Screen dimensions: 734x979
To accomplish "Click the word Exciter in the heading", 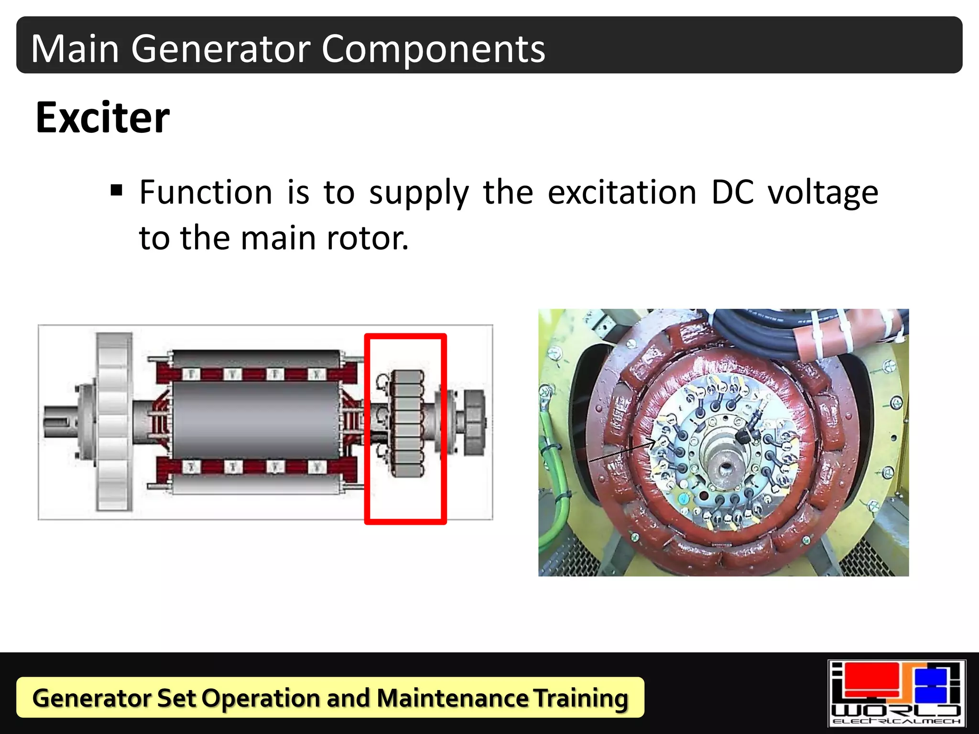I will (102, 118).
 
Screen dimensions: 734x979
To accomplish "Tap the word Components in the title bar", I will (433, 49).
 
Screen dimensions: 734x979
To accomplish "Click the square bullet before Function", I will (116, 191).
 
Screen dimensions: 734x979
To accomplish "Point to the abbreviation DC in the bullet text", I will (732, 192).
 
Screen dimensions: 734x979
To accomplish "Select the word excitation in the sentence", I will (621, 192).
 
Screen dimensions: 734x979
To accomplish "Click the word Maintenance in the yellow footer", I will (452, 698).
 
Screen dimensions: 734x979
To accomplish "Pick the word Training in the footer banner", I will (580, 699).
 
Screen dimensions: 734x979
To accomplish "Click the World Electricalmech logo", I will (897, 693).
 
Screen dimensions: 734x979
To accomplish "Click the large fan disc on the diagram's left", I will (114, 421).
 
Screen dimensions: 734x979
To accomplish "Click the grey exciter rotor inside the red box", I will (406, 423).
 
